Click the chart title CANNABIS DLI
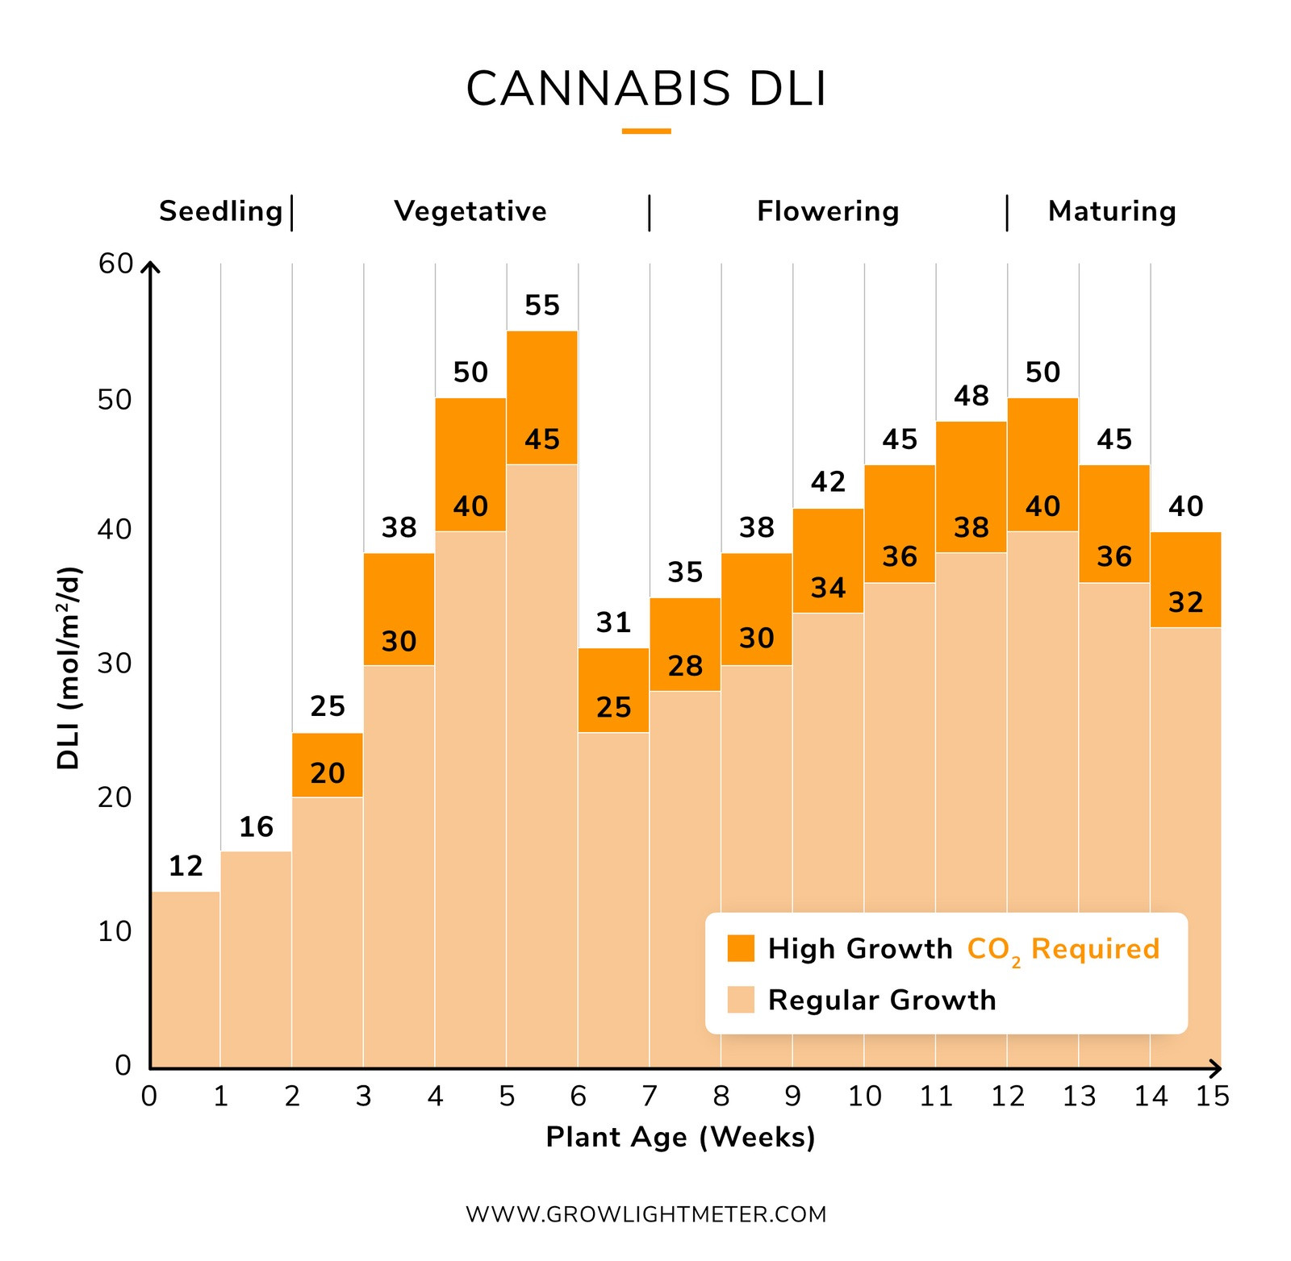tap(646, 89)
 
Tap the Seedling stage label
tap(220, 211)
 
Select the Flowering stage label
tap(828, 211)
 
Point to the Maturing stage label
tap(1112, 211)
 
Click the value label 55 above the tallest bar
tap(541, 306)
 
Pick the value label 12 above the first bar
tap(186, 867)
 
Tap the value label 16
tap(257, 827)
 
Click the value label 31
tap(613, 622)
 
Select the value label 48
tap(971, 396)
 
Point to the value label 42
tap(828, 482)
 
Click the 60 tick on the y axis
tap(115, 264)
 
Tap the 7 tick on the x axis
tap(650, 1097)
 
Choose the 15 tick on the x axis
tap(1213, 1097)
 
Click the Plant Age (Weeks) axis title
tap(680, 1137)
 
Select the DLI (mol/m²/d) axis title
tap(69, 668)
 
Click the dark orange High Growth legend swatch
tap(741, 948)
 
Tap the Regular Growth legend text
tap(882, 1000)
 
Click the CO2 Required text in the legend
tap(1063, 949)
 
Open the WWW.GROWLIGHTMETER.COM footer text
tap(646, 1214)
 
